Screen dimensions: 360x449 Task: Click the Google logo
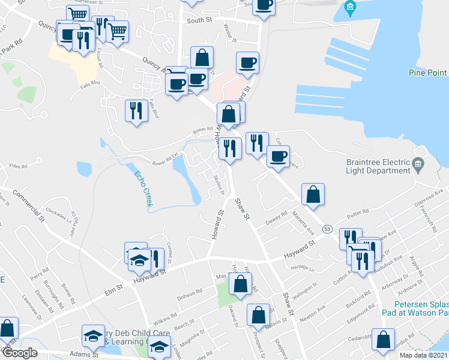pyautogui.click(x=19, y=353)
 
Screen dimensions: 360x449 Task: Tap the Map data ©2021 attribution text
pyautogui.click(x=423, y=355)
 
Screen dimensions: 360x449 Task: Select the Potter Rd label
pyautogui.click(x=357, y=214)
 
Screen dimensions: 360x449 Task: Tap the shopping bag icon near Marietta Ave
pyautogui.click(x=313, y=194)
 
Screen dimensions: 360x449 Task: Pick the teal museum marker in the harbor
pyautogui.click(x=351, y=8)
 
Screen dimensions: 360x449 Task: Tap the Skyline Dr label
pyautogui.click(x=218, y=183)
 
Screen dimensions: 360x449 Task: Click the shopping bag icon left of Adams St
pyautogui.click(x=7, y=328)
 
